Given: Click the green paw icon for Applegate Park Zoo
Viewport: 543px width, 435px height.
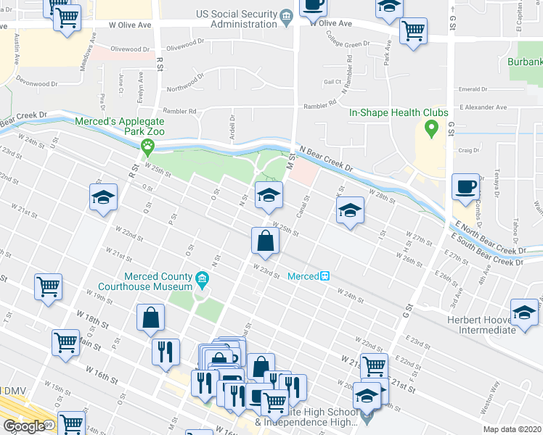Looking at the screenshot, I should coord(148,147).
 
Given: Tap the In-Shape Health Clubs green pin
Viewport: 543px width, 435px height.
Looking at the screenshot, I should coord(430,130).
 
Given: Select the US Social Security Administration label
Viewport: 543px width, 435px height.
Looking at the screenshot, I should coord(237,19).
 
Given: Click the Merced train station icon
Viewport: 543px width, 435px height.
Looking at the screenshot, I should coord(326,276).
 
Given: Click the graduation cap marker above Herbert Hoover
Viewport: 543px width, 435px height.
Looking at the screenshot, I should coord(524,312).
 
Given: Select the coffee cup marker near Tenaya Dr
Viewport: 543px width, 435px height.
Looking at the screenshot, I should coord(465,187).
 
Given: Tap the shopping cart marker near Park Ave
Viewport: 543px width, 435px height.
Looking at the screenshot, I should coord(412,31).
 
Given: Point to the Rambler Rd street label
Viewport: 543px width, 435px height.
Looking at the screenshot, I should coord(182,111).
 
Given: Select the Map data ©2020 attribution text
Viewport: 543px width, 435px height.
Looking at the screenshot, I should coord(512,429).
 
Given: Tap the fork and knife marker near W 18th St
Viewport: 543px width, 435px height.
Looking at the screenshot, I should coord(165,352).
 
